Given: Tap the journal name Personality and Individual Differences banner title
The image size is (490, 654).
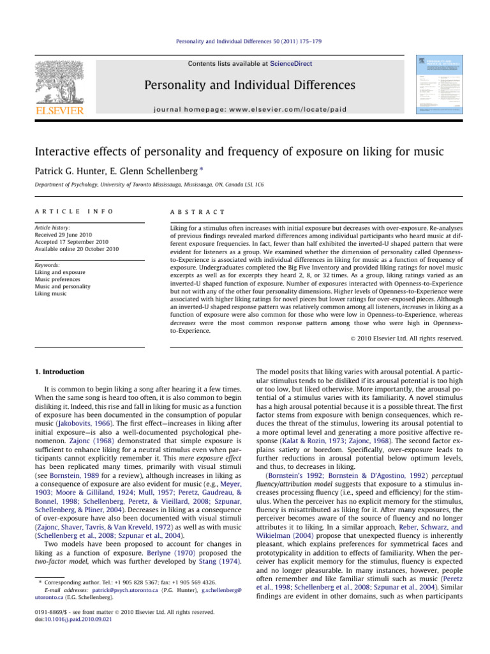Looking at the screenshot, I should pos(244,86).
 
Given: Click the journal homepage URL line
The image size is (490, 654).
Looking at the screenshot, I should pos(245,109).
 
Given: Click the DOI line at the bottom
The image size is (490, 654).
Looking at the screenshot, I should pos(59,618).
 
